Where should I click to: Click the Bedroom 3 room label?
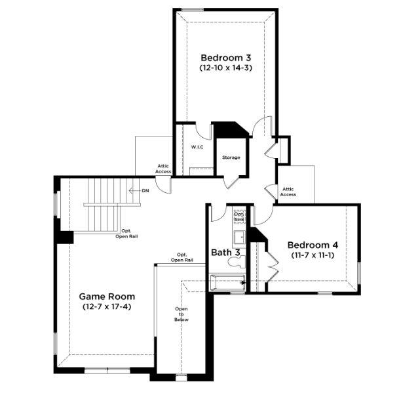pos(225,56)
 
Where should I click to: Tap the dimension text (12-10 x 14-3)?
pos(225,68)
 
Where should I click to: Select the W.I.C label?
pos(197,147)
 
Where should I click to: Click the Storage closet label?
pos(231,157)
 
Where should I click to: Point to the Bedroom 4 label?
pos(313,245)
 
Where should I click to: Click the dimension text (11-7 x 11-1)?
pos(313,257)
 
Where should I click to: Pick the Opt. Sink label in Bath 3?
pos(239,217)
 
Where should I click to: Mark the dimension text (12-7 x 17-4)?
pos(104,307)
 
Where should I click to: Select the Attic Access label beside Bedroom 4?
pos(288,192)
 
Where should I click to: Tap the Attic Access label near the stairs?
pos(163,169)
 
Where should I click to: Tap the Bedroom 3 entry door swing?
pos(261,125)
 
